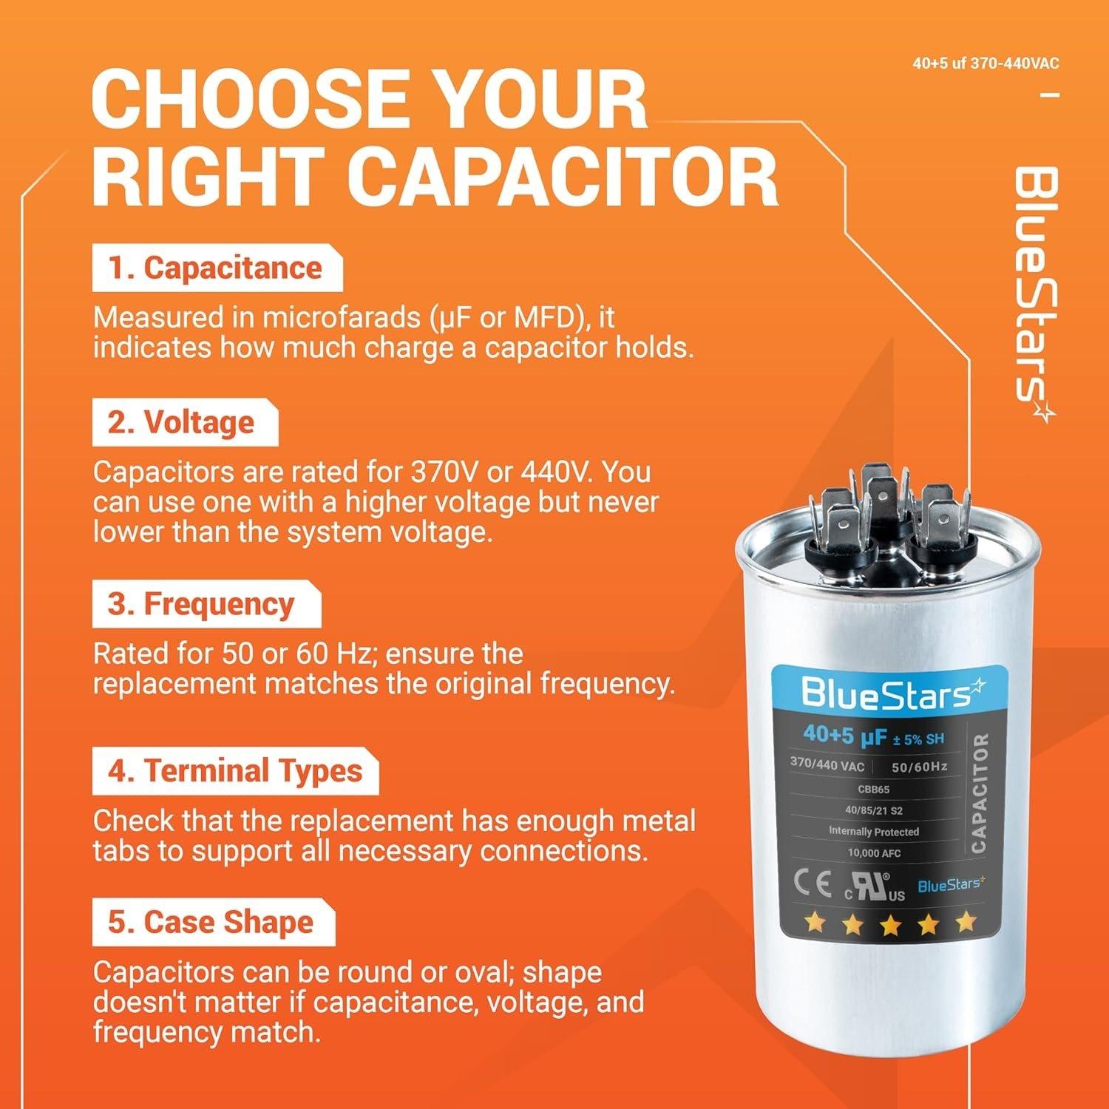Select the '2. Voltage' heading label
182,423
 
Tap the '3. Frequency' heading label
202,605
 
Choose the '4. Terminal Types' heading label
235,771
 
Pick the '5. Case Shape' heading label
211,923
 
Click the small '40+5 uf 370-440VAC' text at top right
986,64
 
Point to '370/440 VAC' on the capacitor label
826,764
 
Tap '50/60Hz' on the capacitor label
919,767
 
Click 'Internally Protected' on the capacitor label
873,832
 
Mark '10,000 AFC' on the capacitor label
874,852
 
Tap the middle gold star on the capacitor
890,923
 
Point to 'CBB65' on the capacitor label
873,790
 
